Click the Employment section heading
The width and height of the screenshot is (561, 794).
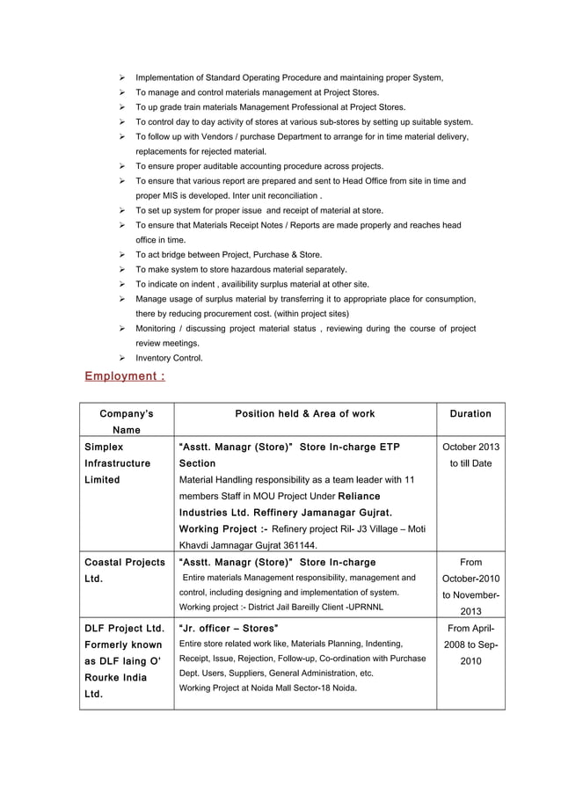coord(124,376)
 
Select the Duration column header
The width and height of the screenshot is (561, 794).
coord(470,413)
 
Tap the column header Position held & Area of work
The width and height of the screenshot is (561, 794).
coord(304,413)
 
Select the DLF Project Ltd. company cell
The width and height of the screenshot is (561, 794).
coord(123,661)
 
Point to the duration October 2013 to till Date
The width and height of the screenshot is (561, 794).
coord(470,455)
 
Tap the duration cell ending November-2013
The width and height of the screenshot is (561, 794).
coord(470,586)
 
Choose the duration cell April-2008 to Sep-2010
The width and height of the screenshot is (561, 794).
coord(470,644)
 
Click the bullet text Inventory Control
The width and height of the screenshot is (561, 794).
coord(169,358)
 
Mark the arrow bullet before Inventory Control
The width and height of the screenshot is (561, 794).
coord(122,358)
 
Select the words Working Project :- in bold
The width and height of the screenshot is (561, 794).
coord(222,528)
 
